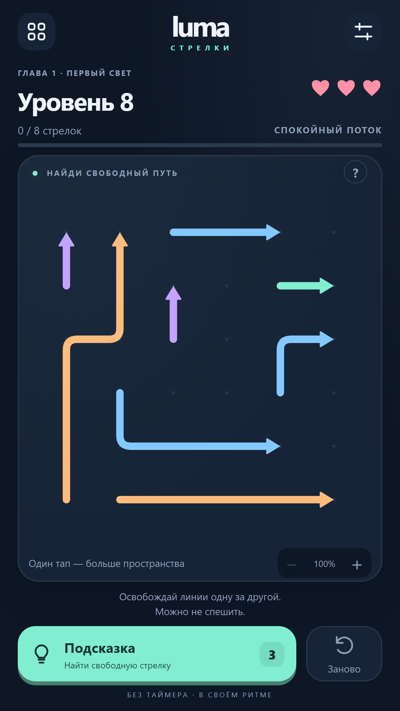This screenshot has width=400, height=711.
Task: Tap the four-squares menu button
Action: (37, 31)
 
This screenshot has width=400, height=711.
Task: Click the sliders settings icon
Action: (363, 31)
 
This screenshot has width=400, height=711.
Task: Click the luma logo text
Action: (201, 27)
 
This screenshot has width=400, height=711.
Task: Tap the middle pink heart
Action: (346, 88)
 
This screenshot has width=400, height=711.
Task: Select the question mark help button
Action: (356, 173)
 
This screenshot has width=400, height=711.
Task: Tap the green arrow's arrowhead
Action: (327, 286)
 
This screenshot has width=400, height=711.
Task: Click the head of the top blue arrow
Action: (273, 232)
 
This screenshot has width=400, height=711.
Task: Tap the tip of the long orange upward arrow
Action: (120, 233)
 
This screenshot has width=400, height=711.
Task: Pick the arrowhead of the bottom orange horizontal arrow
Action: (327, 500)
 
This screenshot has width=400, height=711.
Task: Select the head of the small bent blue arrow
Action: (327, 339)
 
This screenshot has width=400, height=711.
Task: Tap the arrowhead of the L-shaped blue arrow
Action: (273, 446)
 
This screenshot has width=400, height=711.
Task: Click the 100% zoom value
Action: (324, 564)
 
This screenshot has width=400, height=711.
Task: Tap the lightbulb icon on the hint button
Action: (41, 654)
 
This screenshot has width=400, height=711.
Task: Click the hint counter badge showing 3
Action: (272, 654)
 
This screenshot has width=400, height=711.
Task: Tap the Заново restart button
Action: (344, 654)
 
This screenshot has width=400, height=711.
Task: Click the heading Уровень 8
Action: (76, 103)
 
